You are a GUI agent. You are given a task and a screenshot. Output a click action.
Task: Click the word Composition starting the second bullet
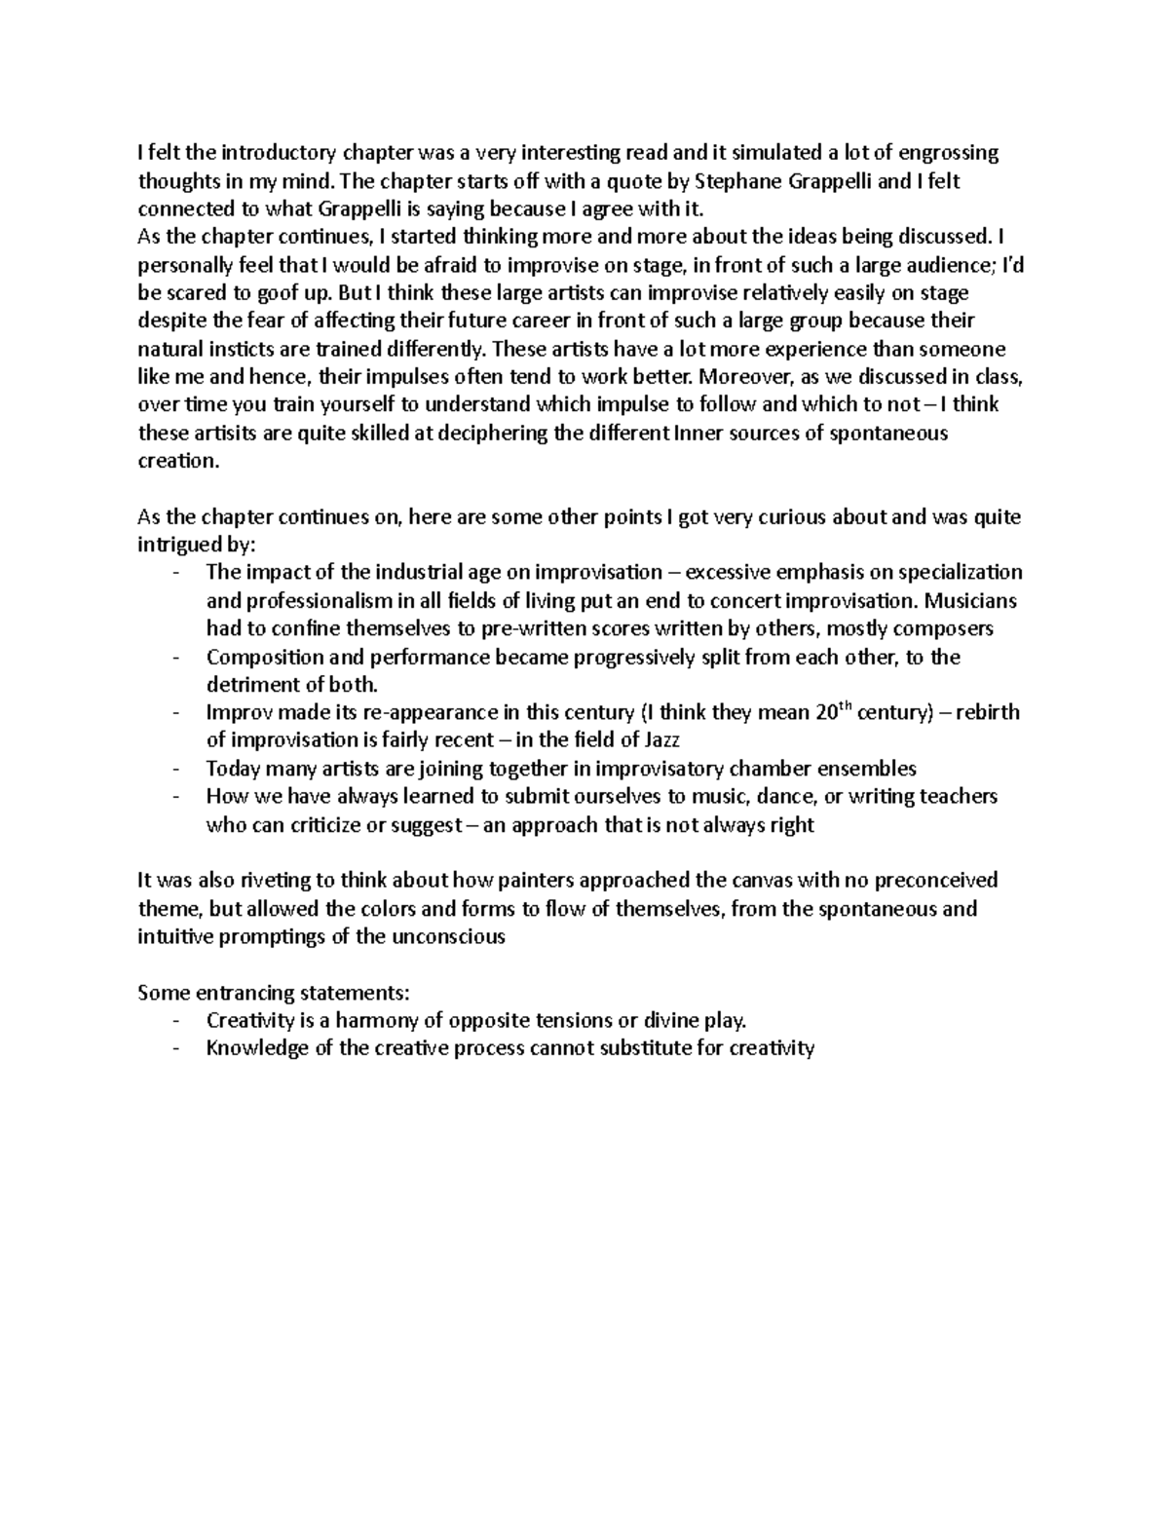tap(259, 658)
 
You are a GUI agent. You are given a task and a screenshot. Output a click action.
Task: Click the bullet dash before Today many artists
tap(175, 769)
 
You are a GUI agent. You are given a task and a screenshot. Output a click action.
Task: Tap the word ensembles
tap(870, 769)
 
